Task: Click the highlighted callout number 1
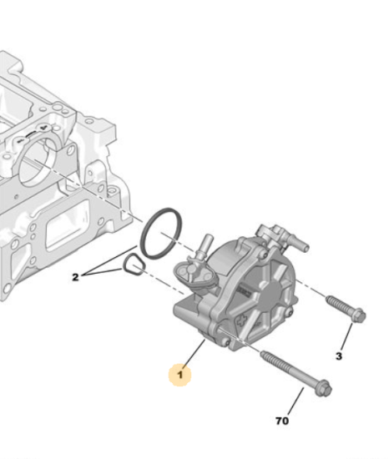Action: click(179, 375)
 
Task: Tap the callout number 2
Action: click(75, 277)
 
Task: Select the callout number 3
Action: click(339, 356)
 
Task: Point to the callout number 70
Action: click(282, 421)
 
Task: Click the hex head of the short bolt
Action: click(357, 315)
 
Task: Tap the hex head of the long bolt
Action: click(323, 387)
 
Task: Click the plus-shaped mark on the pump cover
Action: click(243, 320)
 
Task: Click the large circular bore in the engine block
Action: click(38, 162)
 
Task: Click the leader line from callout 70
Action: click(296, 401)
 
